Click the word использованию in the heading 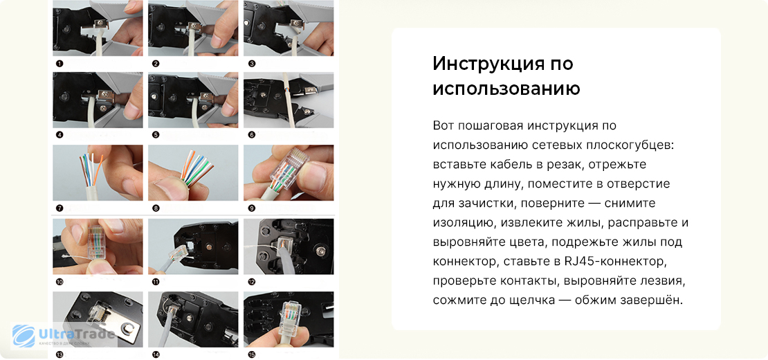click(506, 89)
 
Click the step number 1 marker click(60, 64)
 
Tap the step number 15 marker click(252, 355)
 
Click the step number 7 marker click(60, 208)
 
